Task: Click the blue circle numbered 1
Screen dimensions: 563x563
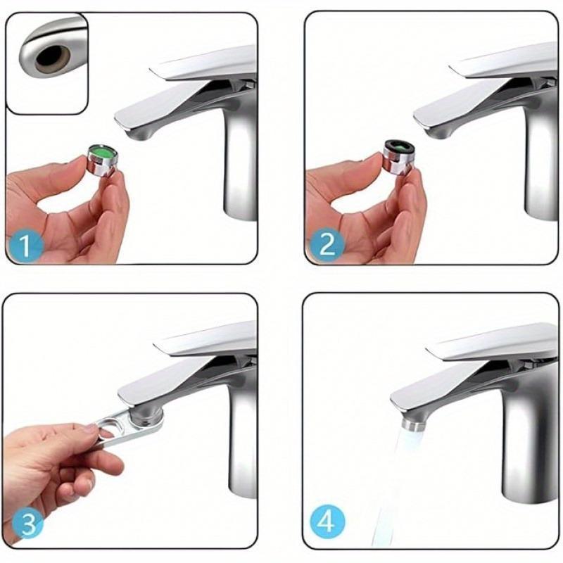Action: pyautogui.click(x=25, y=246)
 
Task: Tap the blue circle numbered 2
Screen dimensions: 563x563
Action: pyautogui.click(x=326, y=245)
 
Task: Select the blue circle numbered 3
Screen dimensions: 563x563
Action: pyautogui.click(x=24, y=524)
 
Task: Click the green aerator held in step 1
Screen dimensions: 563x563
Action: pyautogui.click(x=101, y=156)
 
